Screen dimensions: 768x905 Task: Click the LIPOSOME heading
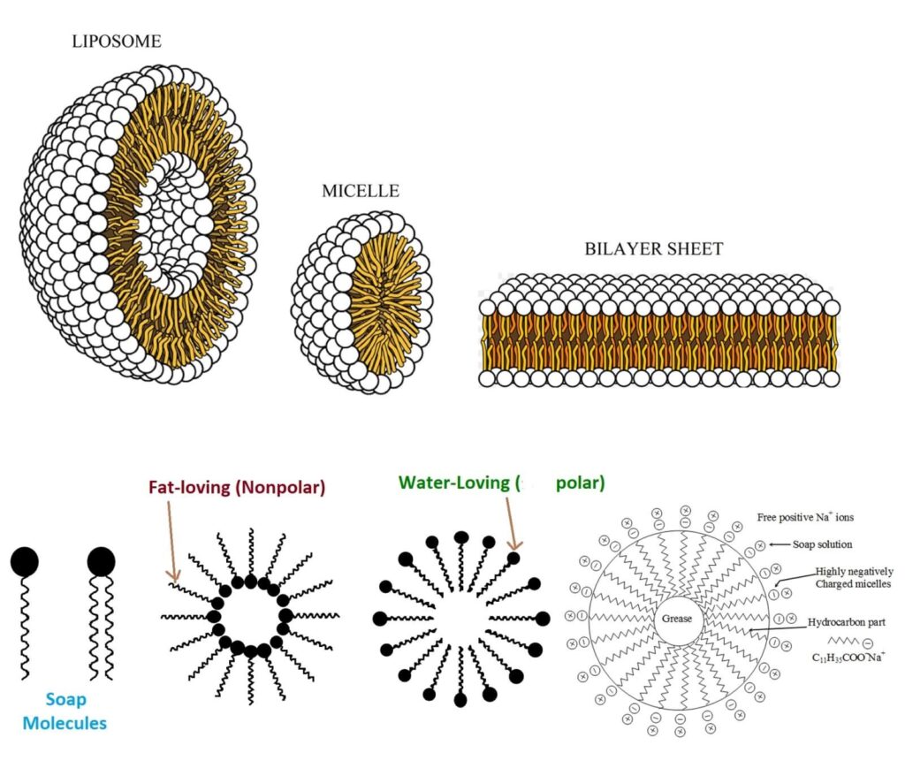[x=117, y=42]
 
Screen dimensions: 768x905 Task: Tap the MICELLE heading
[x=361, y=191]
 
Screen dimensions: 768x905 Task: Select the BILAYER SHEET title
[x=653, y=249]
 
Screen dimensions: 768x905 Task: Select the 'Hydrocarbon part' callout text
[x=843, y=622]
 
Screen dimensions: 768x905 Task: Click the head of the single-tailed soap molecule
[x=25, y=559]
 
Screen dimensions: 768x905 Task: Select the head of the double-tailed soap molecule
[x=102, y=559]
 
